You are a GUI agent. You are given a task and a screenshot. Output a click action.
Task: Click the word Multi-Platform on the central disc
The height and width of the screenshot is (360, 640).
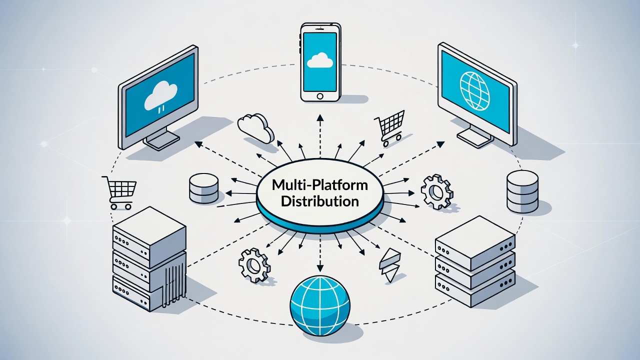[319, 185]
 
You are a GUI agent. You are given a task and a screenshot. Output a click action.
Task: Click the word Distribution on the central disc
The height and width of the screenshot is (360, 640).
[319, 201]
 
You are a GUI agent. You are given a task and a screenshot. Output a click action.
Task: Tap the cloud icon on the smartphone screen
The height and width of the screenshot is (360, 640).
[319, 60]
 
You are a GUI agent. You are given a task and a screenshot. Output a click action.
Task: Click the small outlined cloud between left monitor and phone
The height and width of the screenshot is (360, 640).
[255, 127]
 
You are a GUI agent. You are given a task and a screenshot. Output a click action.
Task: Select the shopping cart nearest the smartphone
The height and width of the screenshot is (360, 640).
[390, 127]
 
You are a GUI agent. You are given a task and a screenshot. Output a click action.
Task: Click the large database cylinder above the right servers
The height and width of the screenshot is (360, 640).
[522, 191]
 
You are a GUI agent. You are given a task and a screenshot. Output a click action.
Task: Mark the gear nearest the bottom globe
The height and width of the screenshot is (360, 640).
[254, 265]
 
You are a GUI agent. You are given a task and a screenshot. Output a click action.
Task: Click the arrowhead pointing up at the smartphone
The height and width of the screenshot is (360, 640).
[320, 116]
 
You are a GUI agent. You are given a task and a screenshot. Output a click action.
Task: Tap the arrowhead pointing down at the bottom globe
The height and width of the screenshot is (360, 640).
[320, 269]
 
